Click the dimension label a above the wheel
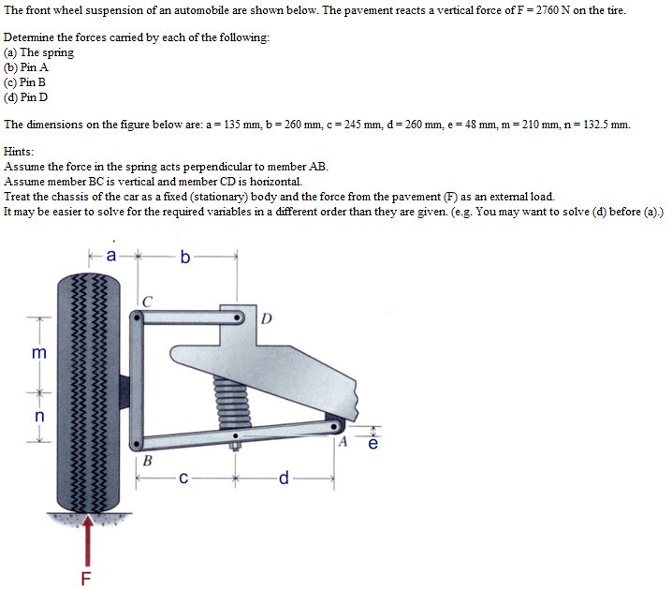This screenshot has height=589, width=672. (x=111, y=254)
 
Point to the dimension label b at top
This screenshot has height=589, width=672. (x=184, y=256)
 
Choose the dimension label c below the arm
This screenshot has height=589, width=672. (x=184, y=479)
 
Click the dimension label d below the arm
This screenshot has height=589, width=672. (x=284, y=479)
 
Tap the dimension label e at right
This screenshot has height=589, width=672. (x=373, y=444)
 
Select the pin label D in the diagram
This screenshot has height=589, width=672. (x=267, y=318)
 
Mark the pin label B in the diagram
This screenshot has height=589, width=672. (x=148, y=460)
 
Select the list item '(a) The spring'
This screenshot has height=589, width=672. (x=38, y=52)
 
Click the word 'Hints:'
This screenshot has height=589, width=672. (x=20, y=152)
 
